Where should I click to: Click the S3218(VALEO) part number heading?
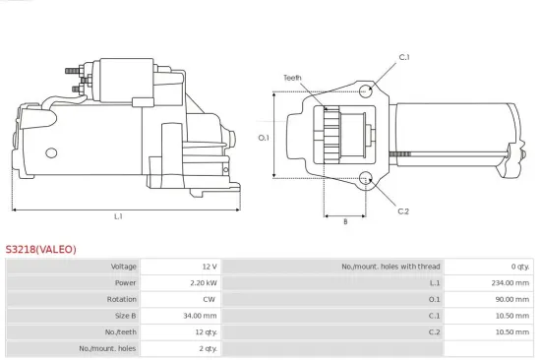(40, 249)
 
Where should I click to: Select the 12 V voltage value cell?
(209, 267)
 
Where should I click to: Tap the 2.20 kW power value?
(203, 282)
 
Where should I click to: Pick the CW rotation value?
(210, 299)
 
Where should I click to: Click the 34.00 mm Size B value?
(201, 316)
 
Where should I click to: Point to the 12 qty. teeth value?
(204, 332)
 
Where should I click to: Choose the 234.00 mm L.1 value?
(511, 282)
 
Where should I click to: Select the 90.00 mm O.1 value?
(512, 299)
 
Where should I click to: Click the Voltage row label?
(123, 267)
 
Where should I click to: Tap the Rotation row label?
(122, 299)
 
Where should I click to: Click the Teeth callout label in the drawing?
(292, 78)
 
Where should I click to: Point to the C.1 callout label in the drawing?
(403, 58)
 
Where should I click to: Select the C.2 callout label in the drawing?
(403, 211)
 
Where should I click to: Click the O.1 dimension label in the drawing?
(264, 138)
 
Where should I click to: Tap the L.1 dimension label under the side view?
(118, 216)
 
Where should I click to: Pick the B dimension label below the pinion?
(344, 222)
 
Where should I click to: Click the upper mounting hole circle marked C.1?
(366, 90)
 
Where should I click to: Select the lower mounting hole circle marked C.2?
(366, 179)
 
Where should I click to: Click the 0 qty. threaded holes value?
(519, 267)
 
